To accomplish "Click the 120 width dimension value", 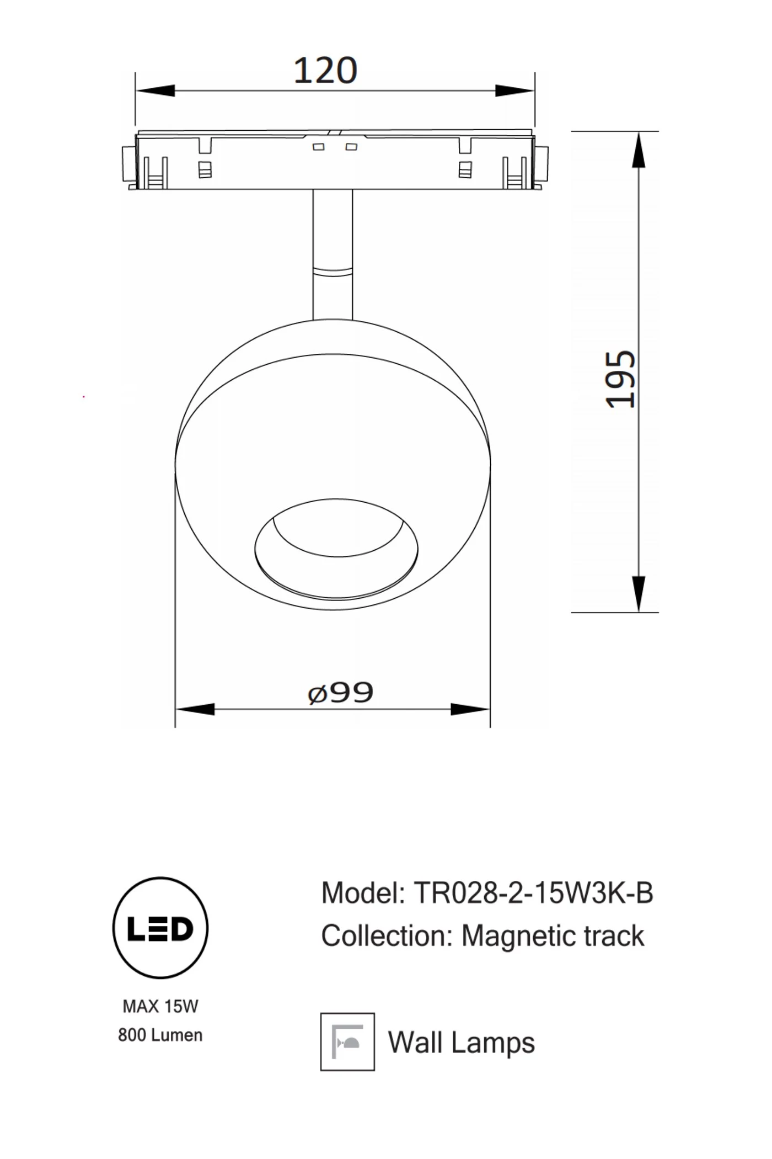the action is (325, 71).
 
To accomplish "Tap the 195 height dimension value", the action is (620, 379).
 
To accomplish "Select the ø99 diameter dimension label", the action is (340, 693).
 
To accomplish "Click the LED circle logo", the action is (160, 928).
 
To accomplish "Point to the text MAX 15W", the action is (160, 1007).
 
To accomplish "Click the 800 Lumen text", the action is (160, 1035).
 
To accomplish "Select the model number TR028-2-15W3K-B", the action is (533, 892).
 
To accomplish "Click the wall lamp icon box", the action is (347, 1042).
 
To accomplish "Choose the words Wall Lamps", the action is (462, 1043).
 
